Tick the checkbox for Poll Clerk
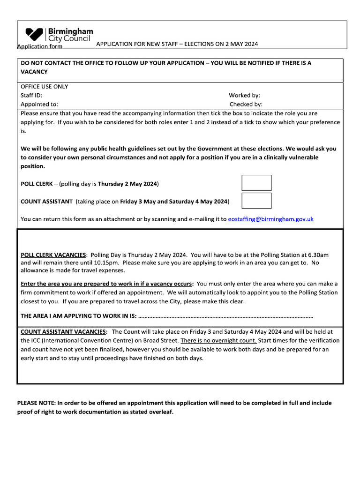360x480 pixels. point(256,183)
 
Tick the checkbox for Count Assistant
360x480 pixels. point(256,201)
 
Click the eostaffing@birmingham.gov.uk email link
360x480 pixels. point(270,219)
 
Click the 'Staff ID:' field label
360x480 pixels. point(31,95)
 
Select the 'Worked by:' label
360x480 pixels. point(244,95)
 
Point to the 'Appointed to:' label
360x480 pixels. point(39,105)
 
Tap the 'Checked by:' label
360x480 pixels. point(246,105)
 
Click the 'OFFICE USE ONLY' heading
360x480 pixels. point(45,86)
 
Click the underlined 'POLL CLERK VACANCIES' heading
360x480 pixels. point(53,255)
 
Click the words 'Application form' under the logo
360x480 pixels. point(40,46)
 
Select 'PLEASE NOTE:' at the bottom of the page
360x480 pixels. point(36,403)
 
